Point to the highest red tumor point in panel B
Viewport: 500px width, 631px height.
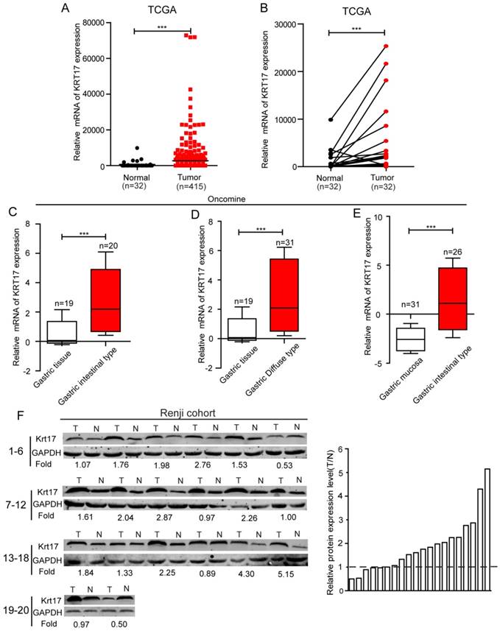click(x=386, y=46)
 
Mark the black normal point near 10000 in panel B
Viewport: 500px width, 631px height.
click(x=331, y=119)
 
